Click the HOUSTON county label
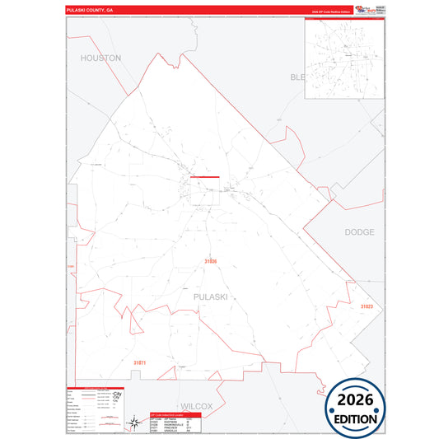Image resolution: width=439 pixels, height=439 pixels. click(x=100, y=58)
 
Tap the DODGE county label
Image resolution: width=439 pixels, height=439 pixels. click(x=359, y=232)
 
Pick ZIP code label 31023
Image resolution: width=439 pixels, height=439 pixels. click(x=366, y=306)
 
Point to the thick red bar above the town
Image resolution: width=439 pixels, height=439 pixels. click(x=204, y=176)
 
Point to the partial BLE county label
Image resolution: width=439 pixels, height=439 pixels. click(x=297, y=77)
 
